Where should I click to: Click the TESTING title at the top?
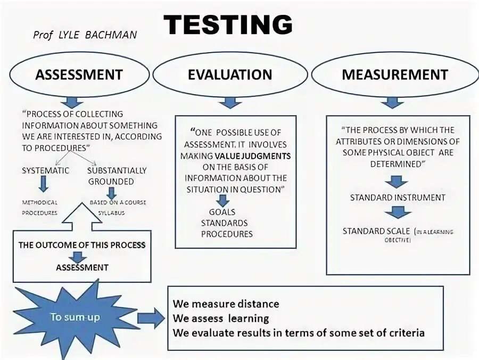pos(228,24)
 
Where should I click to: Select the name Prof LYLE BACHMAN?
pos(85,35)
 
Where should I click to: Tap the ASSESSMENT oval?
pos(79,75)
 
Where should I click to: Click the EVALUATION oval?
pos(230,75)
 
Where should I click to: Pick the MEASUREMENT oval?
pos(394,75)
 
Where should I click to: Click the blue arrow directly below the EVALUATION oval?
pos(230,102)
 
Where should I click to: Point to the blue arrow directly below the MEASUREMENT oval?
pos(392,102)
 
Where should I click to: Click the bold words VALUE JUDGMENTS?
pos(253,156)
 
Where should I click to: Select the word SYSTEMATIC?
pos(45,170)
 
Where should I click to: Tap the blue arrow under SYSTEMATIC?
pos(44,184)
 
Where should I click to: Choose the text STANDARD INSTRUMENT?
pos(397,198)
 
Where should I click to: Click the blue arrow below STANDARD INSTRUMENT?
pos(397,212)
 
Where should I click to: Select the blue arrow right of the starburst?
pos(151,318)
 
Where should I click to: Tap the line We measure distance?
pos(226,304)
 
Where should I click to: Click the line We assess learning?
pos(220,318)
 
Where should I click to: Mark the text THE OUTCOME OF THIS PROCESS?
pos(82,245)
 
